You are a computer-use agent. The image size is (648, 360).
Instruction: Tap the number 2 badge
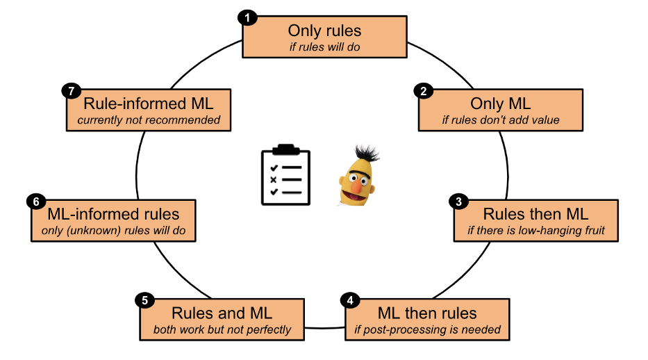(x=421, y=90)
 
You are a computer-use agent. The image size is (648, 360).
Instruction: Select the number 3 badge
(x=457, y=202)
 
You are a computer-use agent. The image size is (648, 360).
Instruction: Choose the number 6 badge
(x=36, y=202)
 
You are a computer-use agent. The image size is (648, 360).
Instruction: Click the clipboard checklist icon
(x=286, y=175)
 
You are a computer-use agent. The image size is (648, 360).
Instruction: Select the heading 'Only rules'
(x=324, y=31)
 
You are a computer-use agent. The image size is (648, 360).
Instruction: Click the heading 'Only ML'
(x=500, y=104)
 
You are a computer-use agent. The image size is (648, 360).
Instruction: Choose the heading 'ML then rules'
(x=427, y=313)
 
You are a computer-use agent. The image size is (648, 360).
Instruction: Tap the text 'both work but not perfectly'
(x=222, y=329)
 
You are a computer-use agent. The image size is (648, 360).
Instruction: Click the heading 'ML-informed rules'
(x=113, y=214)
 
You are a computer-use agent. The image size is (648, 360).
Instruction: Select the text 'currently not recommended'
(x=149, y=120)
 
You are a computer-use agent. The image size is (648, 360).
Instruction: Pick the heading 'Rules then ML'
(x=535, y=214)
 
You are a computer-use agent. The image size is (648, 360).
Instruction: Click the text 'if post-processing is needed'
(x=427, y=329)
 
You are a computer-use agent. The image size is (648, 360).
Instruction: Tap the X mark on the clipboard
(x=275, y=179)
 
